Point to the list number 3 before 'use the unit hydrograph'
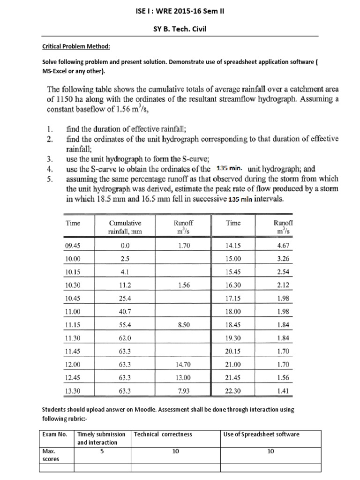(x=50, y=158)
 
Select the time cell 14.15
(x=233, y=245)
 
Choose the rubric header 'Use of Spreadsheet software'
(x=261, y=434)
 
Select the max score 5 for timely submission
(x=102, y=451)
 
